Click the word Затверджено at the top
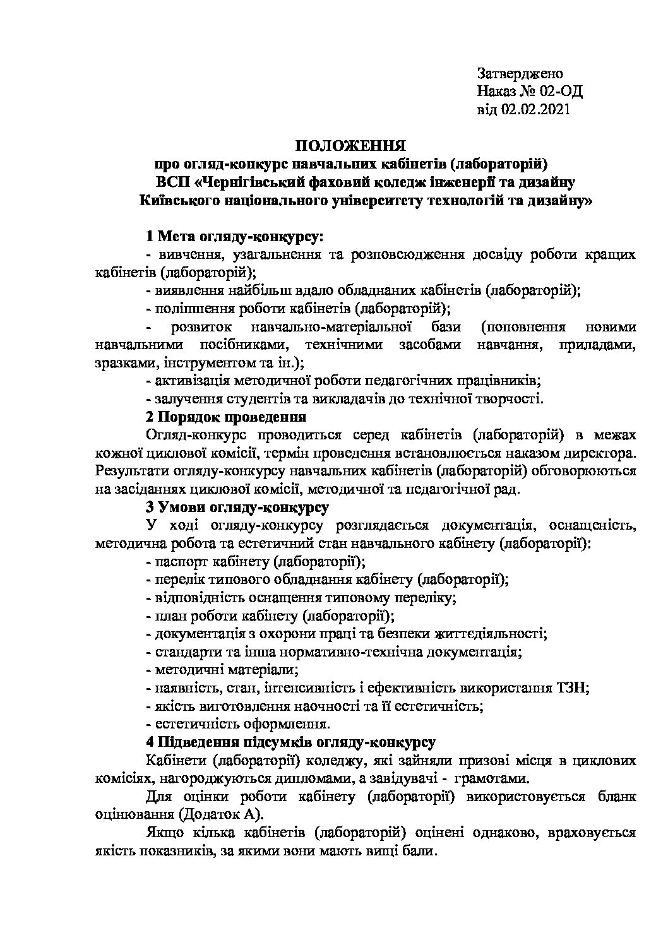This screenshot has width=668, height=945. (x=520, y=73)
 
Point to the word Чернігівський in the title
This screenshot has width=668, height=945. (x=258, y=183)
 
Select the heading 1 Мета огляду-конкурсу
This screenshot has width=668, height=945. (x=234, y=237)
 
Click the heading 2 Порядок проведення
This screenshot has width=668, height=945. (x=226, y=417)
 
